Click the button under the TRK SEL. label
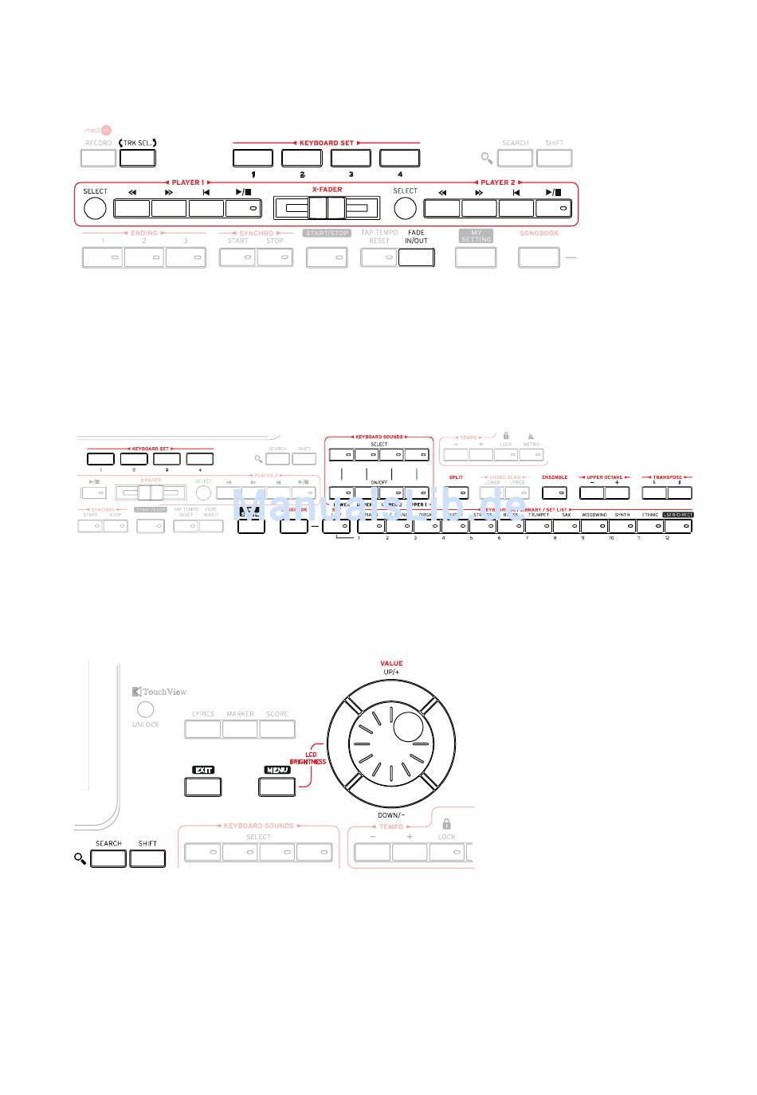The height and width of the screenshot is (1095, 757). [137, 157]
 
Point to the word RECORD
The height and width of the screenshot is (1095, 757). [99, 143]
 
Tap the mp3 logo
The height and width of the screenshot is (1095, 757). [99, 130]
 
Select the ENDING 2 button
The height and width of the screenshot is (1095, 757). [144, 257]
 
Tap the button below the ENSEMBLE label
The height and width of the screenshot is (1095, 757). [555, 493]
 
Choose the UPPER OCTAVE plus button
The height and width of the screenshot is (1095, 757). [617, 493]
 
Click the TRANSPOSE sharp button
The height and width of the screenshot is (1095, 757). [680, 493]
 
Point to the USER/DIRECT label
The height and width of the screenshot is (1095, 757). [678, 515]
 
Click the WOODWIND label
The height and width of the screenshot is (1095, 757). [594, 515]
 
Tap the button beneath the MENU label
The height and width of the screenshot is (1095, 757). [277, 787]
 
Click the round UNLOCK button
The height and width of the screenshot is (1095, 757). [145, 709]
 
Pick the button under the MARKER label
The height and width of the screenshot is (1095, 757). [240, 728]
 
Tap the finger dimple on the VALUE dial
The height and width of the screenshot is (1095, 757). [409, 727]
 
